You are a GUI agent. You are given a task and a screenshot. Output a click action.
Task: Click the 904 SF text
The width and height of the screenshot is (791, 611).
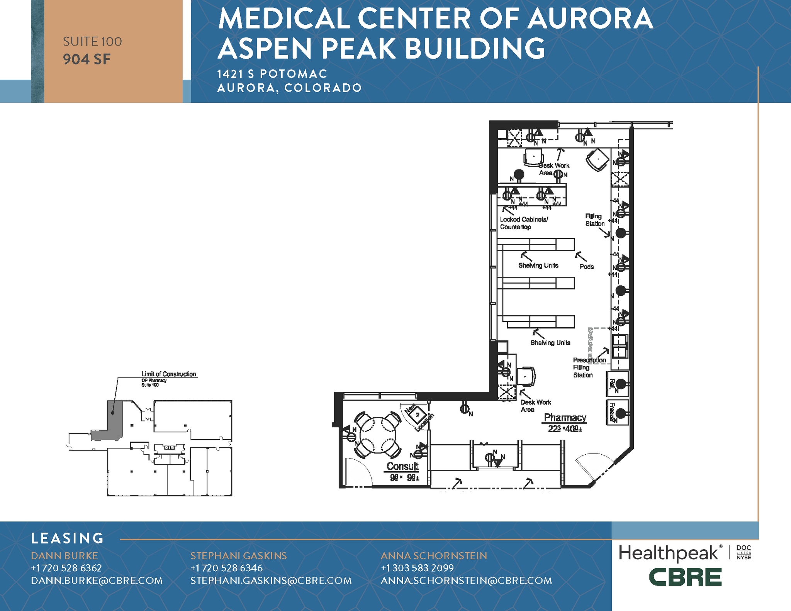[x=87, y=59]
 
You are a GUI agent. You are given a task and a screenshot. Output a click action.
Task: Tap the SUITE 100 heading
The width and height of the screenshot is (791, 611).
[x=92, y=42]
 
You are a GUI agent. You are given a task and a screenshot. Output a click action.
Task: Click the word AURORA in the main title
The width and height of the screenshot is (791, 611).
[x=590, y=19]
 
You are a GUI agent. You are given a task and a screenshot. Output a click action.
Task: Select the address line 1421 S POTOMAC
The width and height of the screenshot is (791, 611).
[x=272, y=74]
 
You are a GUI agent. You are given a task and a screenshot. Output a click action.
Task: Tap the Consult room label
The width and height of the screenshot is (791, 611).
[x=402, y=466]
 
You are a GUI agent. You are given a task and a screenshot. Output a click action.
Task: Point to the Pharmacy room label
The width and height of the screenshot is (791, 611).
[x=565, y=418]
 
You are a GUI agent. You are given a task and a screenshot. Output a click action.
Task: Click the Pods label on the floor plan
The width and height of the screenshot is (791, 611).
[x=586, y=267]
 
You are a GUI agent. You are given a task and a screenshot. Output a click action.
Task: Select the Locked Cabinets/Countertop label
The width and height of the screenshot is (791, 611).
[x=523, y=223]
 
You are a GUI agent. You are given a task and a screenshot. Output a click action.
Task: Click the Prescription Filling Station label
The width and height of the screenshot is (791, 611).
[x=589, y=367]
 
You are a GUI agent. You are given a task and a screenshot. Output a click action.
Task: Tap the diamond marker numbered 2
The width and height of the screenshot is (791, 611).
[x=418, y=415]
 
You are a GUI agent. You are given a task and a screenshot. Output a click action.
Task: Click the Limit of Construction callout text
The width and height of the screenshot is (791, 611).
[x=168, y=374]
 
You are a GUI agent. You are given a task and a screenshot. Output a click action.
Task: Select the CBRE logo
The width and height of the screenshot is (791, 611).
[x=685, y=577]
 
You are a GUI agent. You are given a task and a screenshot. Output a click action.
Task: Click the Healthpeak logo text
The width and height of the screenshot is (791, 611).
[x=669, y=553]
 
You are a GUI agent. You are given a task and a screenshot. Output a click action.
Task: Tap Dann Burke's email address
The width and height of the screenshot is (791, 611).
[x=97, y=581]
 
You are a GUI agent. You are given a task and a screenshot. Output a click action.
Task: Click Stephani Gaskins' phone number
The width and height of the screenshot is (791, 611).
[x=226, y=568]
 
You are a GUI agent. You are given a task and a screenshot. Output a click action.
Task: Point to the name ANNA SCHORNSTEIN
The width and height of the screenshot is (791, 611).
[x=434, y=556]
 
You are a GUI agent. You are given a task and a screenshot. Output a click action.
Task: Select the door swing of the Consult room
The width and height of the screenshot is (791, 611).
[x=357, y=472]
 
